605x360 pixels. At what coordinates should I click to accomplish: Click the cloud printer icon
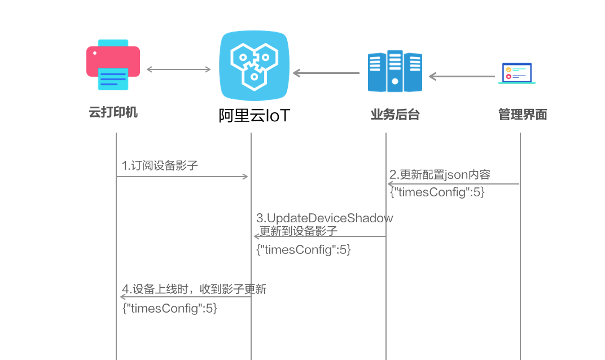[x=113, y=65]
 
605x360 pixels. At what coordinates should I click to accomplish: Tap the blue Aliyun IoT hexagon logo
[x=253, y=66]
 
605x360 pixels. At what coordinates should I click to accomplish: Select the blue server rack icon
[x=394, y=71]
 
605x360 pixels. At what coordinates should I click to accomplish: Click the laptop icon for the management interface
[x=517, y=73]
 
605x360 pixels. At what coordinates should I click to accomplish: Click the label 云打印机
[x=113, y=112]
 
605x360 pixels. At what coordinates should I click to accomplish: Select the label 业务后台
[x=394, y=115]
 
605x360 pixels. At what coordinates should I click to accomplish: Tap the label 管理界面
[x=523, y=115]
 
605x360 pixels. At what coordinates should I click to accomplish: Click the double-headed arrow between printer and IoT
[x=178, y=69]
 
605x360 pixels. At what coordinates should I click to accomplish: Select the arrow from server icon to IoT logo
[x=326, y=73]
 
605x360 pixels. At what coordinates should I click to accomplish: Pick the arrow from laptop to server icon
[x=462, y=76]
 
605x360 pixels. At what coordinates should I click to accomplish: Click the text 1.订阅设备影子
[x=160, y=166]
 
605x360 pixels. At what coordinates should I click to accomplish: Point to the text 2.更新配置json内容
[x=440, y=174]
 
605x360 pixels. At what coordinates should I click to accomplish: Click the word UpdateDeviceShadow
[x=330, y=218]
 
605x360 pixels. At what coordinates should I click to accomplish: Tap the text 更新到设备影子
[x=298, y=231]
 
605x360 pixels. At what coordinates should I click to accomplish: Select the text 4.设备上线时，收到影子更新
[x=194, y=290]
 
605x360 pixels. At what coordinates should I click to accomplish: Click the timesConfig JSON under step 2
[x=437, y=192]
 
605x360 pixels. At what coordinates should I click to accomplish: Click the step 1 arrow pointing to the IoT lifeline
[x=182, y=177]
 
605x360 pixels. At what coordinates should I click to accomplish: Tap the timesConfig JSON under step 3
[x=304, y=249]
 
